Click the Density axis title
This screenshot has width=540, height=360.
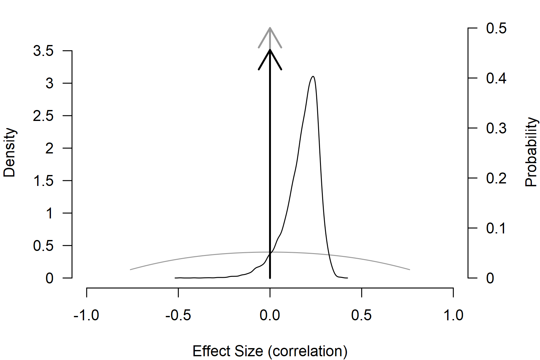pyautogui.click(x=9, y=152)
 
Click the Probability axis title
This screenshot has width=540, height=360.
pyautogui.click(x=531, y=152)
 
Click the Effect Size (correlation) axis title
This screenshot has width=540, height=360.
pyautogui.click(x=270, y=351)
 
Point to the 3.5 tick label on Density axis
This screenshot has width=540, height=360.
pyautogui.click(x=43, y=51)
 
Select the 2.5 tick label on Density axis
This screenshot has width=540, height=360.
pyautogui.click(x=43, y=116)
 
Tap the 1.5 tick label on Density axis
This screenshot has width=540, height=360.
pyautogui.click(x=43, y=181)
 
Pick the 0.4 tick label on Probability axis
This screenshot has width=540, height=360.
pyautogui.click(x=496, y=78)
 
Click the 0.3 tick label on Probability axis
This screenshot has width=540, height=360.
pyautogui.click(x=496, y=128)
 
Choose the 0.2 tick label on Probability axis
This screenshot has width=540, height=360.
pyautogui.click(x=496, y=178)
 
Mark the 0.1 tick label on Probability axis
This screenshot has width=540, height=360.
pyautogui.click(x=496, y=228)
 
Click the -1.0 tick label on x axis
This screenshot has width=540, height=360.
pyautogui.click(x=86, y=315)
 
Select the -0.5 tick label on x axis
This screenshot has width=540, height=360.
pyautogui.click(x=178, y=315)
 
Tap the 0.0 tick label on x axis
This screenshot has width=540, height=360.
pyautogui.click(x=270, y=315)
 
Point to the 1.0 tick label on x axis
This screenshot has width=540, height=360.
pyautogui.click(x=453, y=315)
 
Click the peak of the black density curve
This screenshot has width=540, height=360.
pyautogui.click(x=313, y=76)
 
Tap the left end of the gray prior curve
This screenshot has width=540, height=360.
pyautogui.click(x=130, y=269)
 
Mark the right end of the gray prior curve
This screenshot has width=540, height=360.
pyautogui.click(x=409, y=269)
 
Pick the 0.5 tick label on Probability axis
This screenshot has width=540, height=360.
pyautogui.click(x=496, y=28)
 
